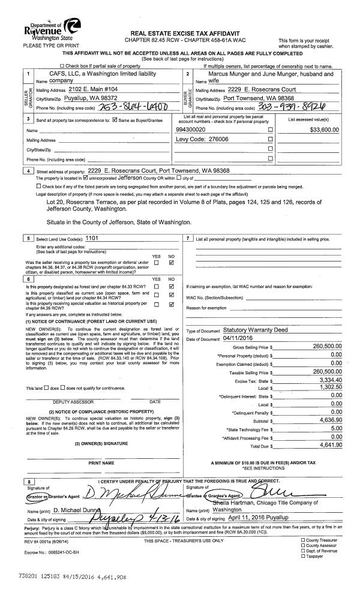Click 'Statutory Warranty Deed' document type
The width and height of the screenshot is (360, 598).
point(255,330)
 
